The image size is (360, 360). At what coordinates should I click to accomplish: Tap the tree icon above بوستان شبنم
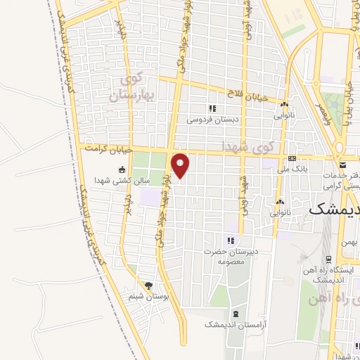[148, 285]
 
